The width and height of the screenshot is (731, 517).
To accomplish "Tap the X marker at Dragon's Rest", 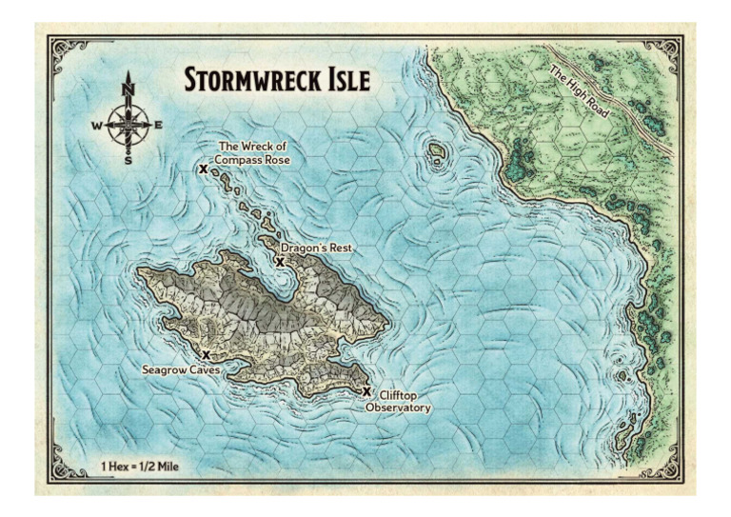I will coord(280,261).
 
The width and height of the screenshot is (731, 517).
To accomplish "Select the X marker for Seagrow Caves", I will coord(206,354).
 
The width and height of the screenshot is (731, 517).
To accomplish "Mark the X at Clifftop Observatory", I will coord(366,390).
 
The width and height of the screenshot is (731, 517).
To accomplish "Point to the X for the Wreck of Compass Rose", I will coord(203,169).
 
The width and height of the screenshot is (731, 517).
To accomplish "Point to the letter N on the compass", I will coord(127,90).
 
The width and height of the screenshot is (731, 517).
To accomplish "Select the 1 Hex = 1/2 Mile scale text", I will coord(139,467).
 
